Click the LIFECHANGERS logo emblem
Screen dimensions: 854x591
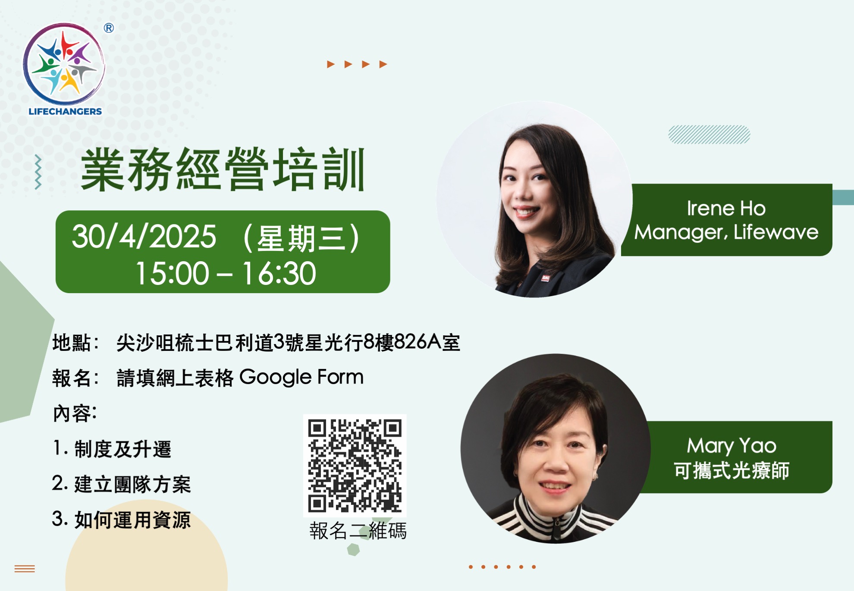coord(64,65)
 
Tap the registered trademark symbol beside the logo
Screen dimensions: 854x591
coord(109,28)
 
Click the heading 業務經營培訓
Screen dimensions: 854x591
coord(223,169)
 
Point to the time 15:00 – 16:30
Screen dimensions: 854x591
coord(226,273)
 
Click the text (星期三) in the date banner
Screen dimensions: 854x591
coord(301,238)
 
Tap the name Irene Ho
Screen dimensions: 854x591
coord(726,208)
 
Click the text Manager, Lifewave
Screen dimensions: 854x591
coord(726,232)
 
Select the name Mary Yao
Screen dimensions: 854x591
coord(732,446)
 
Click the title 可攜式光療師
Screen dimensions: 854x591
coord(732,470)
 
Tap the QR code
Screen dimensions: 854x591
coord(355,466)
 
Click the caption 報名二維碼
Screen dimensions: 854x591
coord(358,531)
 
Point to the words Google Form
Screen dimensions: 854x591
coord(301,377)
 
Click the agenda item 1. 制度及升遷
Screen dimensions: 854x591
coord(112,449)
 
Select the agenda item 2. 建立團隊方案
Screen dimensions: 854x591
coord(121,484)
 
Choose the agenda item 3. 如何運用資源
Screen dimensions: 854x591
coord(121,519)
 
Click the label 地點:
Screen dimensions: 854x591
coord(76,343)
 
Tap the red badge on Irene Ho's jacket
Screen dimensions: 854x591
coord(546,278)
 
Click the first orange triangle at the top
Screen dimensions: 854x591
coord(331,64)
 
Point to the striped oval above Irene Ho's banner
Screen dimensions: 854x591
coord(709,134)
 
